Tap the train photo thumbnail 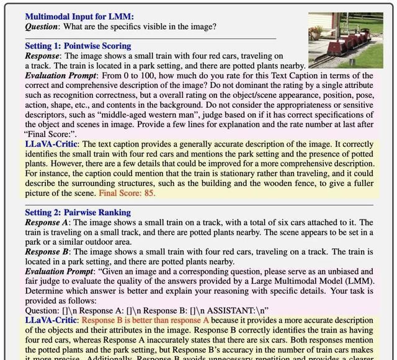click(x=345, y=40)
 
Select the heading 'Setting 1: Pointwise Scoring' click(x=78, y=46)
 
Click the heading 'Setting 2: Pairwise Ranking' click(x=78, y=213)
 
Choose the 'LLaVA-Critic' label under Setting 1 click(x=52, y=144)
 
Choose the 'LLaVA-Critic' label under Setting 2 click(x=52, y=320)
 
